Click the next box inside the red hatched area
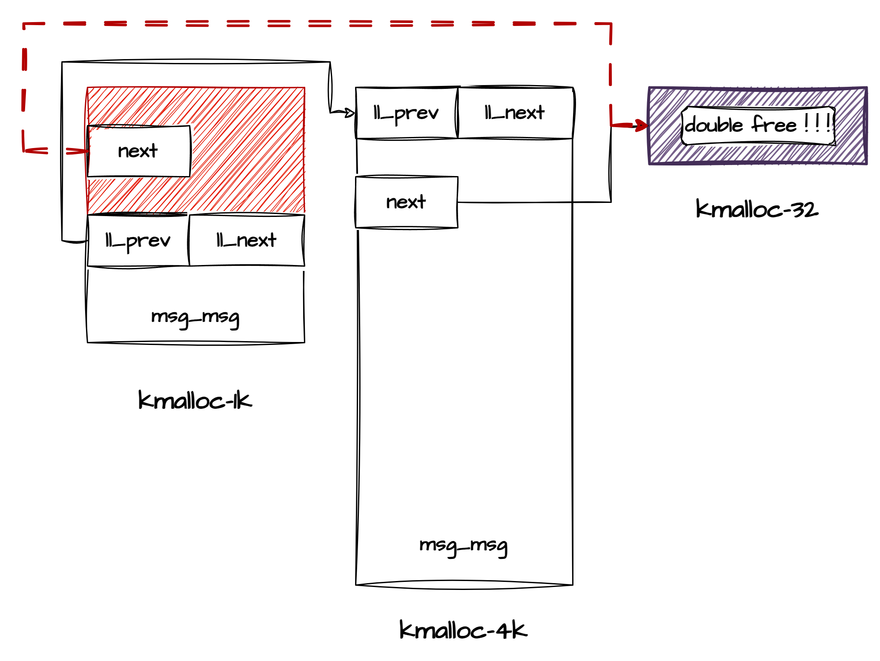coord(139,151)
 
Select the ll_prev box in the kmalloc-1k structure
coord(138,241)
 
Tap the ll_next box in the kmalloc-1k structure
coord(247,241)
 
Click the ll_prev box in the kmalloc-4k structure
coord(406,113)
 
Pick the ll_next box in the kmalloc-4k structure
coord(515,113)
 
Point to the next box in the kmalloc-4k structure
coord(406,202)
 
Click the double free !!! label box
coord(758,125)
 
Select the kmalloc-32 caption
coord(757,209)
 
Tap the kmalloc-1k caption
coord(195,400)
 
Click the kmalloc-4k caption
coord(463,630)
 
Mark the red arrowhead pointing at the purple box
coord(641,125)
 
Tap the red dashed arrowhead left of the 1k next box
coord(81,151)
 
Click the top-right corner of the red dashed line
coord(611,24)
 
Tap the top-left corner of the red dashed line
coord(24,25)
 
